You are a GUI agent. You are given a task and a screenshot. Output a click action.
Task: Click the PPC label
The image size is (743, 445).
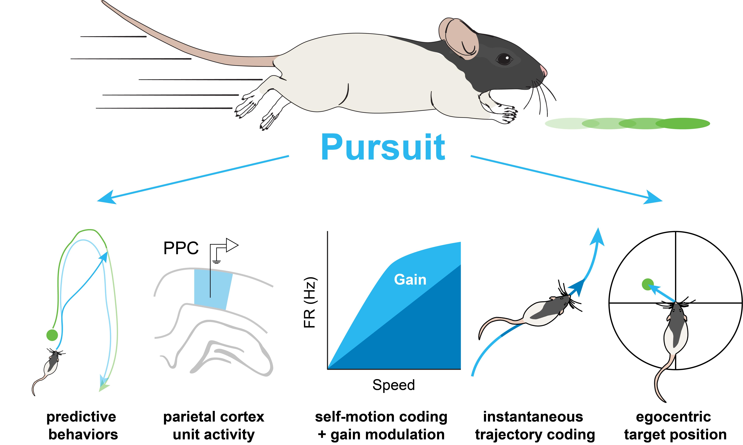coord(181,248)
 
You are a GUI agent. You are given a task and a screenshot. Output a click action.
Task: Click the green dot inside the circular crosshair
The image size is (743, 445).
coord(648,284)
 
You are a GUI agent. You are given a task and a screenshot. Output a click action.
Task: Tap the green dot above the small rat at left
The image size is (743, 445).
coord(52,335)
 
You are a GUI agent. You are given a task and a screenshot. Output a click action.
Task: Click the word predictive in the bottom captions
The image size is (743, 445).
coord(81,417)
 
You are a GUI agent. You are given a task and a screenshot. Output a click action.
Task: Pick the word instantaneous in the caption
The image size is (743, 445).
coord(533,417)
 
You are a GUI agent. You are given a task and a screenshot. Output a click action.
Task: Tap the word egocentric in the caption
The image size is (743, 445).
coord(673,417)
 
